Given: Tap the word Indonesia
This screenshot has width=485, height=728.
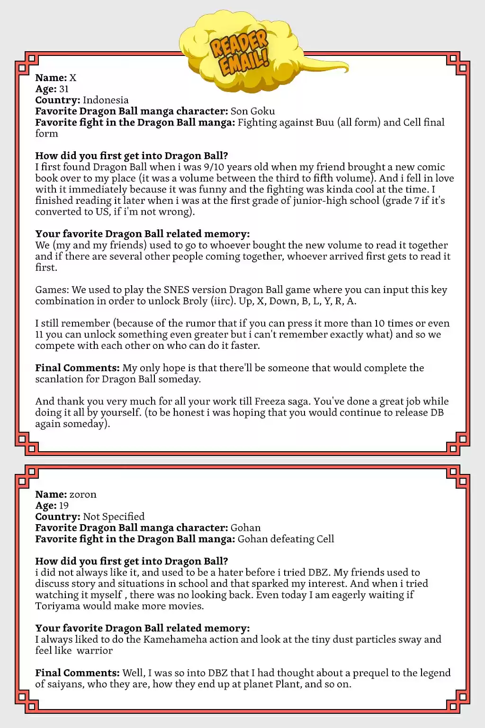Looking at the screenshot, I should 106,100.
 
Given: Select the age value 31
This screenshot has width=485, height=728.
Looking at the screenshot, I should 64,89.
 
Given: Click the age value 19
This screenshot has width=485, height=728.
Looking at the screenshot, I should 64,506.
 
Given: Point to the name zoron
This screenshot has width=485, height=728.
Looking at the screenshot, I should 83,494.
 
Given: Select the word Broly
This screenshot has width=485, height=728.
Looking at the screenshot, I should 195,301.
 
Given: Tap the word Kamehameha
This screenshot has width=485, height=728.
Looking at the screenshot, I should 175,639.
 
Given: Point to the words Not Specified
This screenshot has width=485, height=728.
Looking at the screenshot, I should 114,517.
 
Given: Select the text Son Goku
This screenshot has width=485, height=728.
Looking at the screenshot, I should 252,111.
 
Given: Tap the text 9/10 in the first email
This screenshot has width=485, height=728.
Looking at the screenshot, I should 214,167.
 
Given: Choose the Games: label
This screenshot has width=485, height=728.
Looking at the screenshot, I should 52,290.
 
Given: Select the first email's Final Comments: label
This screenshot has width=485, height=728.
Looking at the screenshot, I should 77,368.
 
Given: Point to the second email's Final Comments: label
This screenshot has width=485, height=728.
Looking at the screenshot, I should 77,673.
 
